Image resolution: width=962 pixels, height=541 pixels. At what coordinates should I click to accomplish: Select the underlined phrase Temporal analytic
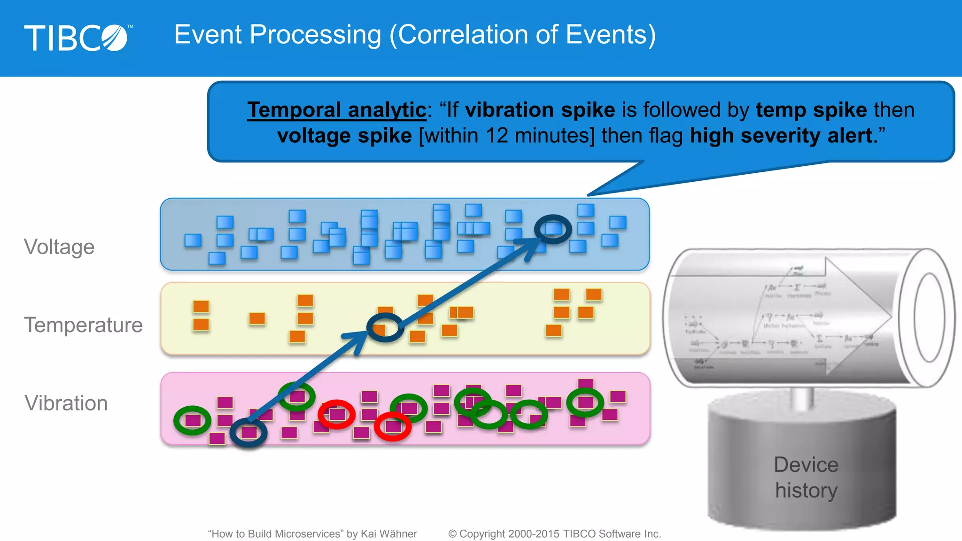336,110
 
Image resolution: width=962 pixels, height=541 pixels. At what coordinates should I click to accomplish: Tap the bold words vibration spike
540,110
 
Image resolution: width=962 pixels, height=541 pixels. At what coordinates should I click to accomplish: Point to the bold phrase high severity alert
781,136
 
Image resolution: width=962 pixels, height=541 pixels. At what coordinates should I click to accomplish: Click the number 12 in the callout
497,136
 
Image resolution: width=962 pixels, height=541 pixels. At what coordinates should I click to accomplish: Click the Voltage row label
59,247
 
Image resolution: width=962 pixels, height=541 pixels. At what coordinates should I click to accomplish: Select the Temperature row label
83,325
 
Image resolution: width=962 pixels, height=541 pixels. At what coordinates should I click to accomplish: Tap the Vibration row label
66,403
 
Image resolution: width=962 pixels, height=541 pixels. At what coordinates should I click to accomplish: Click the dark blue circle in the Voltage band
553,229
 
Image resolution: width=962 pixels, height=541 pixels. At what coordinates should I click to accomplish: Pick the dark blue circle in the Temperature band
385,327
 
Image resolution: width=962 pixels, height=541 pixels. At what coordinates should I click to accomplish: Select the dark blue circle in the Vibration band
248,432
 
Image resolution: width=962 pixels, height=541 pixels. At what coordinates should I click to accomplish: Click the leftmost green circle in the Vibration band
192,420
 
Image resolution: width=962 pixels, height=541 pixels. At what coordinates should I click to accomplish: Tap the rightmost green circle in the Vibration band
585,402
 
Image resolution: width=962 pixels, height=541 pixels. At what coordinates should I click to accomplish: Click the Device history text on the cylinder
806,477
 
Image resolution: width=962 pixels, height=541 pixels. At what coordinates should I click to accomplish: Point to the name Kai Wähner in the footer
388,534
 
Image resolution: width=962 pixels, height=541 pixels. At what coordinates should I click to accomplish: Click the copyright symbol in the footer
452,534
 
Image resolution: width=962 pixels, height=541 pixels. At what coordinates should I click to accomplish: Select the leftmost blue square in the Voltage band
193,240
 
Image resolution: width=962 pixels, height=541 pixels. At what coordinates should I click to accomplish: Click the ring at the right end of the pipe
929,317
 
